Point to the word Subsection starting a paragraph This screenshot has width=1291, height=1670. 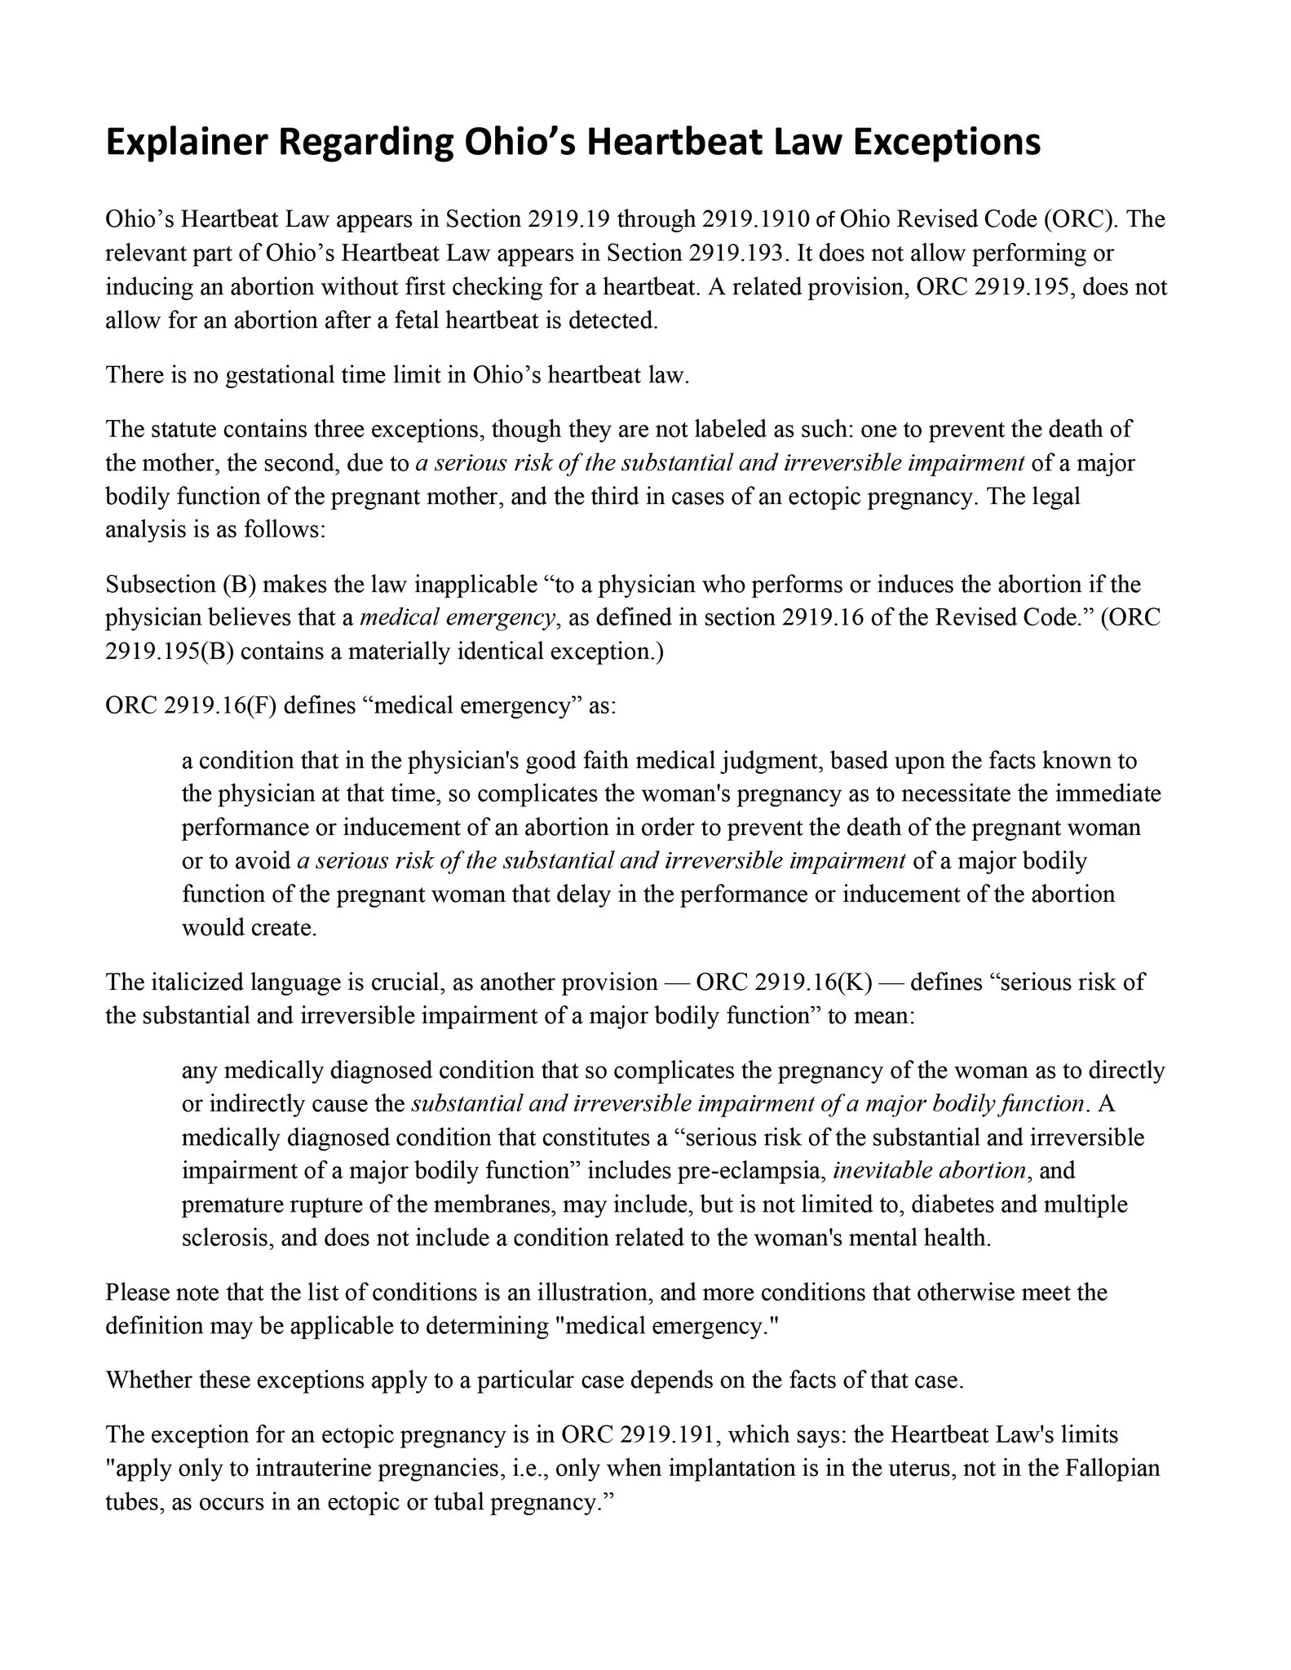(160, 584)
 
